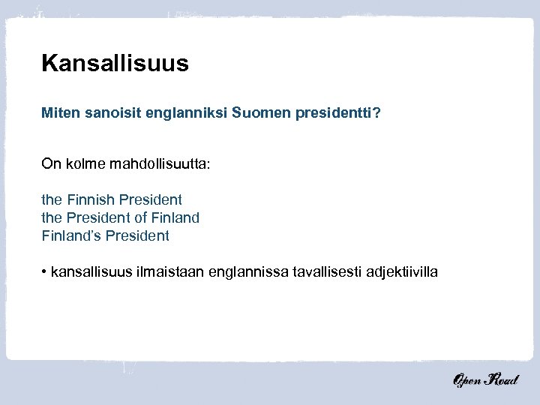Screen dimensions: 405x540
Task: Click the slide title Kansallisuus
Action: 115,63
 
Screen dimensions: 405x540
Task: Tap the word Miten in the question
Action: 58,114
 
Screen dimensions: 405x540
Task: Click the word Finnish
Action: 89,199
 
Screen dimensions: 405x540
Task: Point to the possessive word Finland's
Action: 70,235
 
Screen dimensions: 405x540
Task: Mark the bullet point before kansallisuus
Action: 44,271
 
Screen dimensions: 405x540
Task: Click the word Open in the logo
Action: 469,382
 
